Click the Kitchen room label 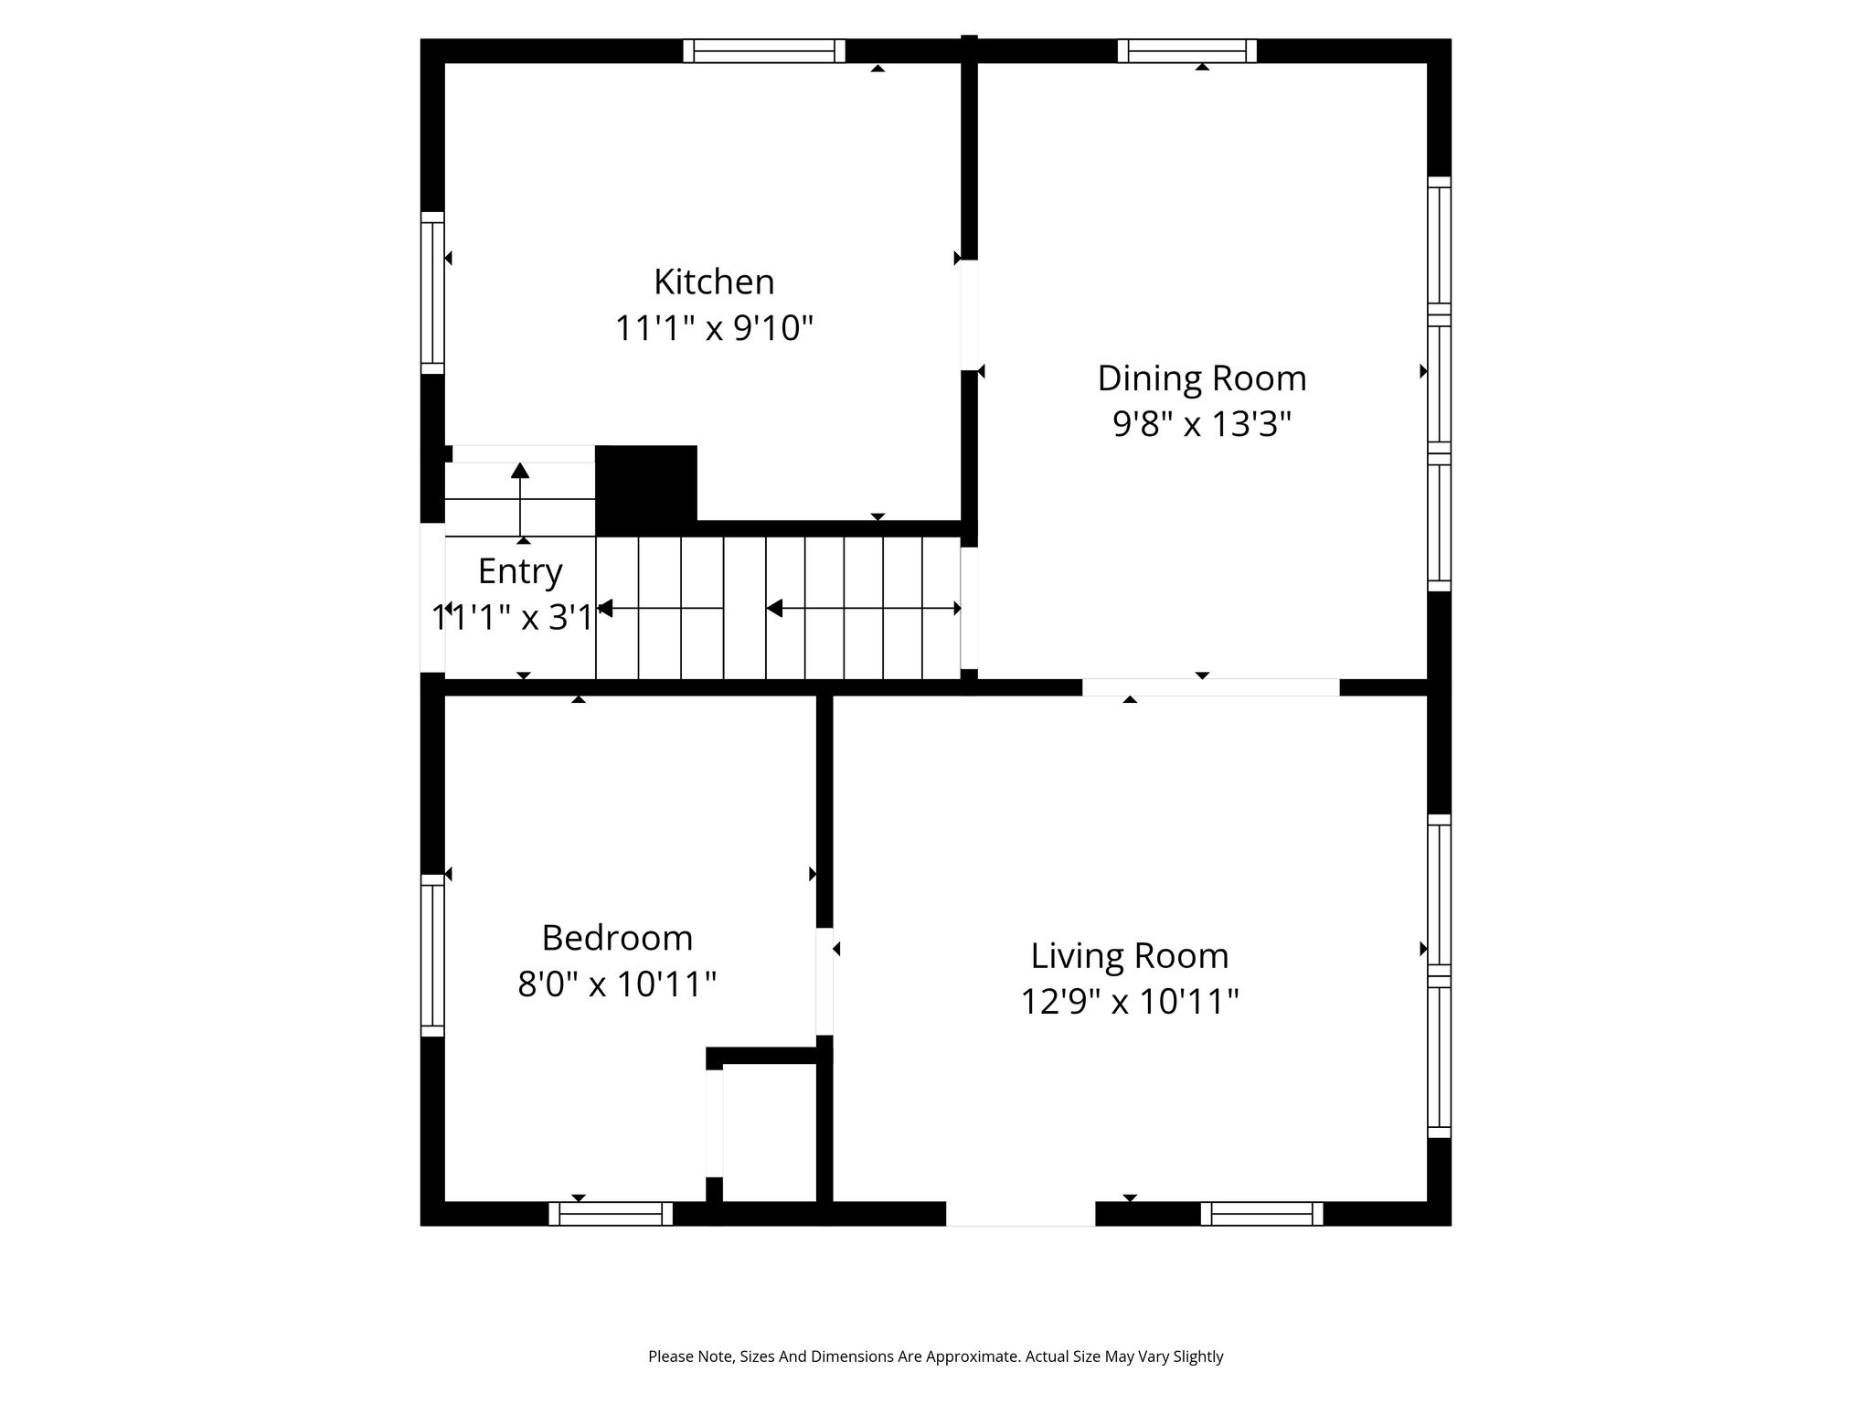pyautogui.click(x=714, y=282)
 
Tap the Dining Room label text pyautogui.click(x=1202, y=378)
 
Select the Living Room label pyautogui.click(x=1130, y=956)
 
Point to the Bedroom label pyautogui.click(x=617, y=938)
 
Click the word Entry pyautogui.click(x=520, y=571)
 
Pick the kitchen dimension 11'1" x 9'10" pyautogui.click(x=714, y=327)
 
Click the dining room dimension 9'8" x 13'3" pyautogui.click(x=1202, y=424)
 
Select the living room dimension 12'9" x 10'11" pyautogui.click(x=1130, y=1003)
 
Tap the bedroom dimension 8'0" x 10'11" pyautogui.click(x=617, y=984)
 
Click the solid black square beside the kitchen pyautogui.click(x=646, y=491)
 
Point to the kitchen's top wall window pyautogui.click(x=764, y=50)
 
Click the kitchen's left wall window pyautogui.click(x=432, y=292)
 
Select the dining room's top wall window pyautogui.click(x=1187, y=50)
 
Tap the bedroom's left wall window pyautogui.click(x=432, y=955)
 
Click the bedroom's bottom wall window pyautogui.click(x=611, y=1214)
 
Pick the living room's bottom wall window pyautogui.click(x=1261, y=1214)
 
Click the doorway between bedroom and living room pyautogui.click(x=824, y=982)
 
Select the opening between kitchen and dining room pyautogui.click(x=969, y=315)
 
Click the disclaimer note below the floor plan pyautogui.click(x=936, y=1356)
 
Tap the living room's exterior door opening pyautogui.click(x=1020, y=1214)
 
